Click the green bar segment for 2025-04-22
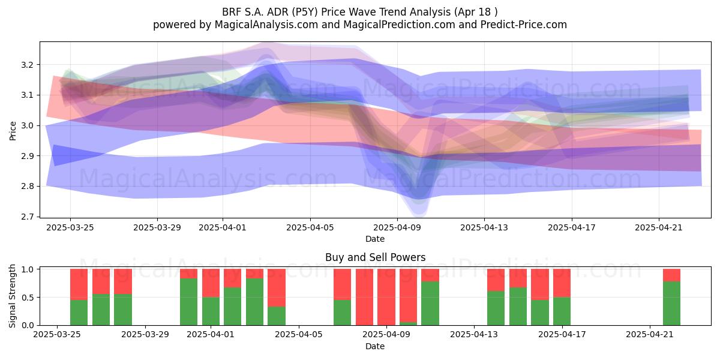(x=671, y=303)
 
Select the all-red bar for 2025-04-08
(x=365, y=297)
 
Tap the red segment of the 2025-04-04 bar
(x=277, y=287)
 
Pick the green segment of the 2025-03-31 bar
(x=188, y=301)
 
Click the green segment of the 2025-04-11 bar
(x=430, y=303)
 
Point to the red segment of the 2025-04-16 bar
(x=540, y=284)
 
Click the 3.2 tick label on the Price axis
(x=27, y=65)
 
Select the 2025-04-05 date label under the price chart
(x=310, y=227)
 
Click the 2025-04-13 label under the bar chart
(x=474, y=334)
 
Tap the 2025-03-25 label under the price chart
(x=70, y=227)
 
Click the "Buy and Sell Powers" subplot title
(x=375, y=257)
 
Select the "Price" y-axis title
(x=13, y=131)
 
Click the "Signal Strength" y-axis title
(x=12, y=296)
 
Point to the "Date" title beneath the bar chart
(x=375, y=346)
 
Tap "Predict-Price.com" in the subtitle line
(x=524, y=25)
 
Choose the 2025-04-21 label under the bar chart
(x=650, y=334)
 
